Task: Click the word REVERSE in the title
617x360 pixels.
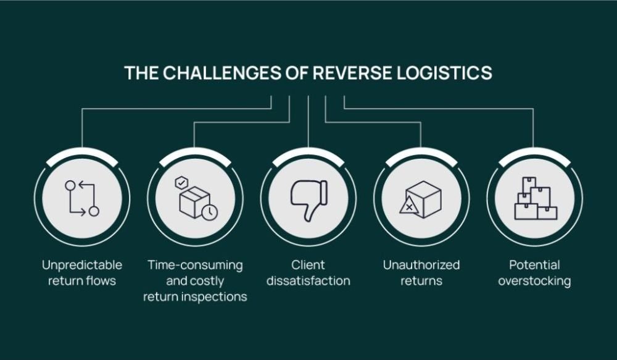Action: click(x=353, y=73)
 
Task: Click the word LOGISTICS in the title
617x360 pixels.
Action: click(x=445, y=73)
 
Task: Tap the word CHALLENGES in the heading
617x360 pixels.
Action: click(x=222, y=73)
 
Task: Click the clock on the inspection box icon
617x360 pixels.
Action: click(x=209, y=212)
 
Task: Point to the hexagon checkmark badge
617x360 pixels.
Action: click(x=181, y=182)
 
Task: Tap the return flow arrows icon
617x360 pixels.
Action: click(x=82, y=198)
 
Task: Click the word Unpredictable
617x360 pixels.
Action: click(x=82, y=265)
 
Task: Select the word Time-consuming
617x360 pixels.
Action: click(x=195, y=265)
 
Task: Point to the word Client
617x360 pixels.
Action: click(x=308, y=265)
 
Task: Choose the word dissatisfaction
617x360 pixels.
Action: click(x=308, y=281)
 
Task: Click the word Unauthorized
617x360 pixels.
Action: click(x=421, y=265)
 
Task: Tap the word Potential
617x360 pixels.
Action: click(x=534, y=265)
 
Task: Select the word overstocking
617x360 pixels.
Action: click(x=534, y=281)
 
